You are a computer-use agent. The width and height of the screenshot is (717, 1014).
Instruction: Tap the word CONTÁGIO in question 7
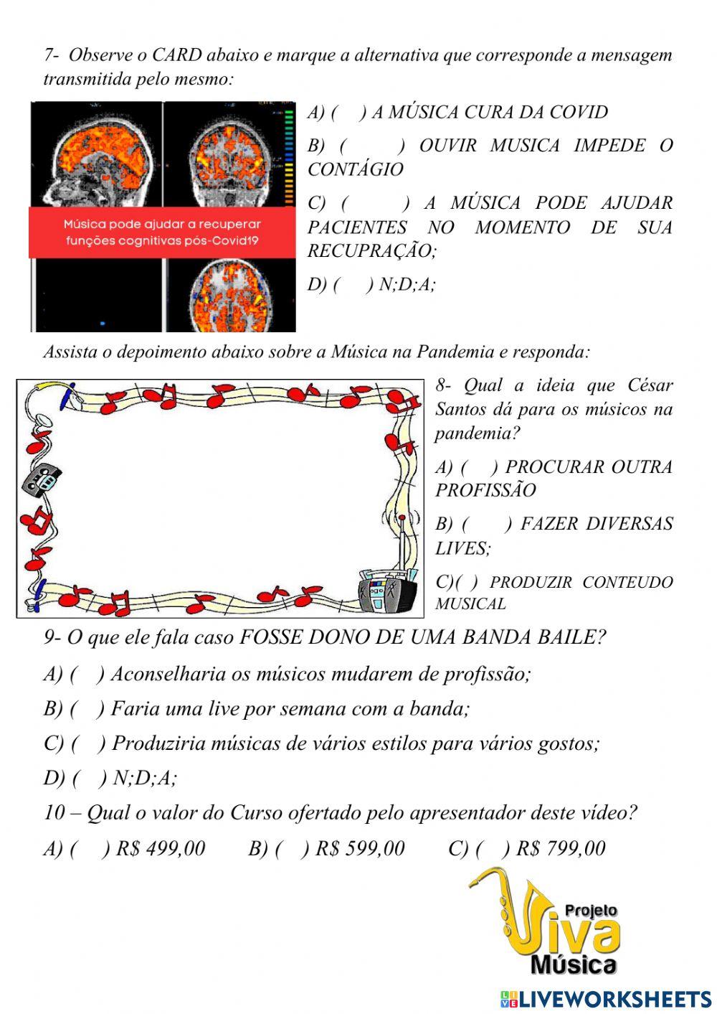coord(356,170)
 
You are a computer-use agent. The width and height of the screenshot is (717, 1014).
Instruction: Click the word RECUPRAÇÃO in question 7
coord(371,251)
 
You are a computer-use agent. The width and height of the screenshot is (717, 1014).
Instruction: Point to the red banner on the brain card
coord(162,233)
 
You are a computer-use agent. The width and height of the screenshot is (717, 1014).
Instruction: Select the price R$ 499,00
coord(161,849)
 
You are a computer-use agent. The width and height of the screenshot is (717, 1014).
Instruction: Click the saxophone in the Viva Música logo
coord(505,911)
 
